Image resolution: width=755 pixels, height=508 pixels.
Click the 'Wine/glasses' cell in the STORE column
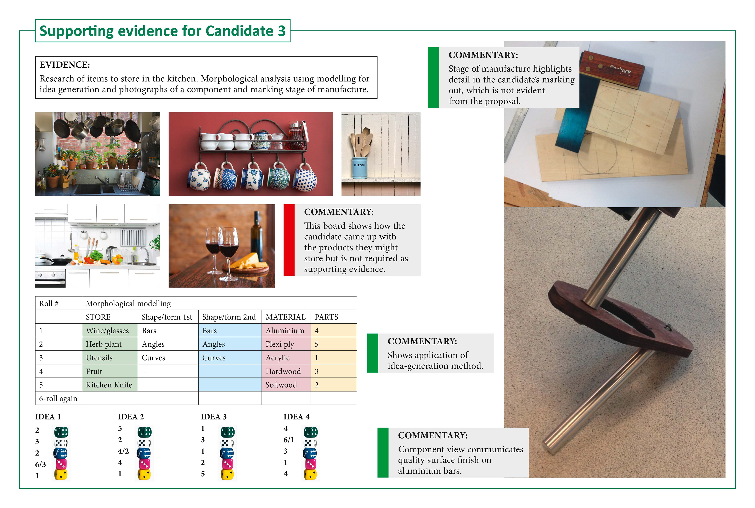click(110, 330)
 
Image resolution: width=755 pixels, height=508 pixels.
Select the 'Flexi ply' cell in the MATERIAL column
click(286, 344)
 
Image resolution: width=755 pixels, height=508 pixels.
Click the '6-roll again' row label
click(58, 398)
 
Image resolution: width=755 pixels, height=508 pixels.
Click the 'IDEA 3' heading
click(214, 417)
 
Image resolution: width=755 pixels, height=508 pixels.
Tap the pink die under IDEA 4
click(310, 464)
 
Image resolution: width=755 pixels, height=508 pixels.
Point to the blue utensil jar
click(360, 168)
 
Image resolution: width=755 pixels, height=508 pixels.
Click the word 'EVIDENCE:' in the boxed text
click(65, 65)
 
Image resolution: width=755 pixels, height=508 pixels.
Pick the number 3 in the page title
click(281, 31)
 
